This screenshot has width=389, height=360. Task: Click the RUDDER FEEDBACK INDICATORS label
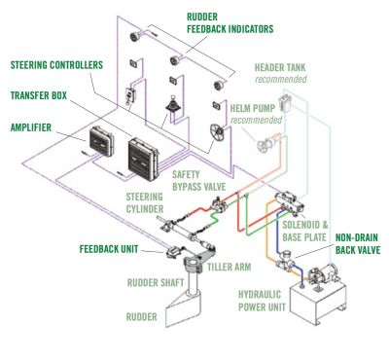point(230,23)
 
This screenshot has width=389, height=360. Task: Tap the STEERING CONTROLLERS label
point(56,65)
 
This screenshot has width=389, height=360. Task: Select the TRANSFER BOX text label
point(39,95)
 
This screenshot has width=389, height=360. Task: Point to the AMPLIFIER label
point(31,127)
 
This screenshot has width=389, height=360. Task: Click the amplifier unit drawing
point(100,141)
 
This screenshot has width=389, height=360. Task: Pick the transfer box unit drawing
point(143,160)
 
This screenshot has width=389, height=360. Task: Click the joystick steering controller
point(173,104)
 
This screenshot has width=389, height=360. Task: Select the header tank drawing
point(285,103)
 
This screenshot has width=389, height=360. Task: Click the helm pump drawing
point(266,144)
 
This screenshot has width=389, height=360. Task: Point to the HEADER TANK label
point(280,68)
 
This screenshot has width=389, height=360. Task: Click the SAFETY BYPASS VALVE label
point(198,180)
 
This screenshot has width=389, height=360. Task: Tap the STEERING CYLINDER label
point(145,202)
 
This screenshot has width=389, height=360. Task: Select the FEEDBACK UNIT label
point(109,249)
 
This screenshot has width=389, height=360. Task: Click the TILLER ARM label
point(230,267)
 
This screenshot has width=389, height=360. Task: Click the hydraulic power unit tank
point(318,300)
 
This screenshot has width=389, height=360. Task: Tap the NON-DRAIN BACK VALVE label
point(358,243)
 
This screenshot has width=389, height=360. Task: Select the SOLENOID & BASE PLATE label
point(305,231)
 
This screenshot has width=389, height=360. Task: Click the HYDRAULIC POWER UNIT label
point(262,301)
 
